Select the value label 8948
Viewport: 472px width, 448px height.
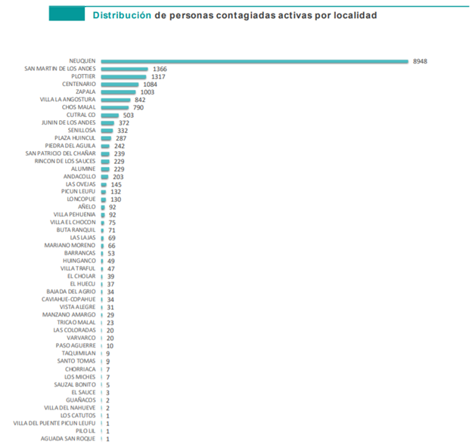coord(421,60)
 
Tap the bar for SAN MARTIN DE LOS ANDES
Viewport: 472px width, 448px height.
coord(124,69)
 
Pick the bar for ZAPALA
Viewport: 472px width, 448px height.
coord(118,91)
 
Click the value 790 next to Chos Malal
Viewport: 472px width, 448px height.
coord(138,107)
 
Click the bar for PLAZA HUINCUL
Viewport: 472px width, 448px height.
coord(106,138)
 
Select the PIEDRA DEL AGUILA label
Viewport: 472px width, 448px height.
coord(70,146)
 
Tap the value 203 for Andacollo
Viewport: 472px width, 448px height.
coord(117,177)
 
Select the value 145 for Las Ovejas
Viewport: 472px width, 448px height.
coord(116,184)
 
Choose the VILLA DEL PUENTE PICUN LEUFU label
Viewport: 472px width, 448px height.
coord(54,423)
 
